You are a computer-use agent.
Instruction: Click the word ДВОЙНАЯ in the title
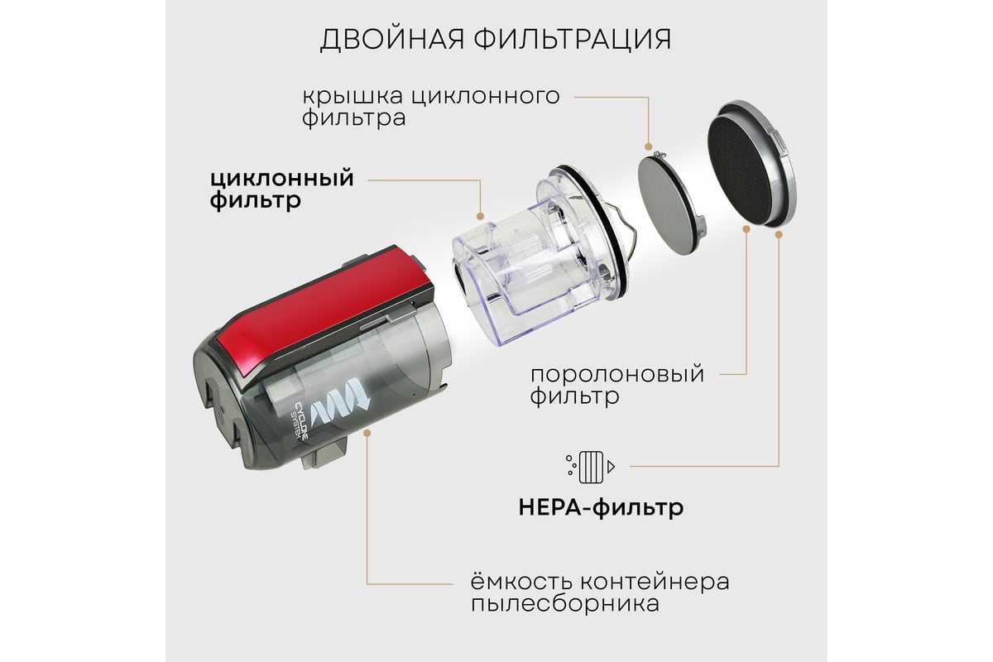coord(392,40)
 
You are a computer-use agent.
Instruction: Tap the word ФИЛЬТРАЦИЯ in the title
coord(573,40)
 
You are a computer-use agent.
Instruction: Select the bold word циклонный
coord(282,179)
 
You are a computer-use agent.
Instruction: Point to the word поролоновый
coord(617,374)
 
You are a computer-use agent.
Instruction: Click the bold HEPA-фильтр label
coord(601,507)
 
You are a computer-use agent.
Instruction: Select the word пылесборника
coord(564,604)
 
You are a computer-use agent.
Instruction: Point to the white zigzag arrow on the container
coord(339,405)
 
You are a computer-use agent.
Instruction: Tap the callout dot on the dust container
coord(367,433)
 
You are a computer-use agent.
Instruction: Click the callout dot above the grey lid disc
coord(649,146)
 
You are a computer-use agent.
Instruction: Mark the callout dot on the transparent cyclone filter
coord(480,216)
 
